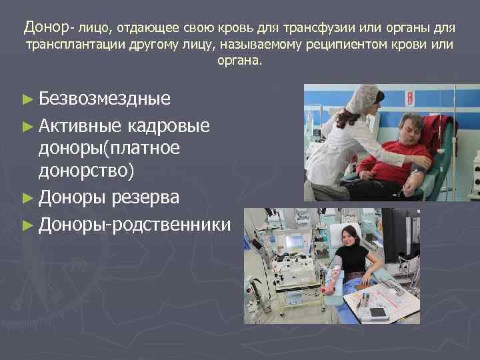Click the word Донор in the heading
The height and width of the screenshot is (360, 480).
pyautogui.click(x=46, y=27)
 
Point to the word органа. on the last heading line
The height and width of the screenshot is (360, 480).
pyautogui.click(x=240, y=61)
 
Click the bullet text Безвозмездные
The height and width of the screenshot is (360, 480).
pyautogui.click(x=105, y=99)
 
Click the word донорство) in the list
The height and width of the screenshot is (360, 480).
pyautogui.click(x=86, y=171)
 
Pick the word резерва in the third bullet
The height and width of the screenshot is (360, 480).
pyautogui.click(x=159, y=197)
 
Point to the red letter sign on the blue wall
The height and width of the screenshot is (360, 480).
pyautogui.click(x=410, y=98)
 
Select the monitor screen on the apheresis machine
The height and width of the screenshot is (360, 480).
pyautogui.click(x=294, y=241)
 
